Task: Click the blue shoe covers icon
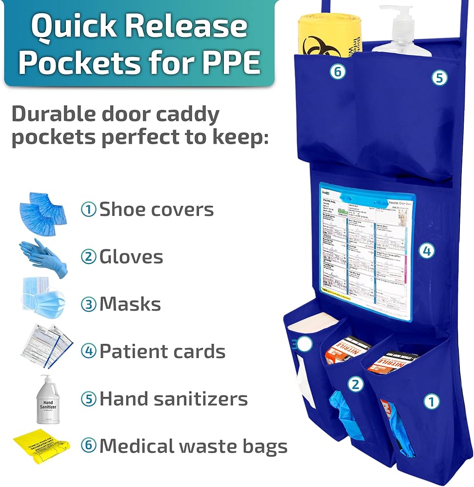click(x=43, y=208)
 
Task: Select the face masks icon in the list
click(x=43, y=302)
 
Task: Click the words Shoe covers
click(x=157, y=210)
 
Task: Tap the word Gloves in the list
click(x=131, y=257)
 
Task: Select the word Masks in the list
click(x=130, y=304)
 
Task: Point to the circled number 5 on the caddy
click(x=439, y=77)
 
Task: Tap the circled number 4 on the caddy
click(x=426, y=251)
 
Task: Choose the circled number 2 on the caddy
click(x=355, y=385)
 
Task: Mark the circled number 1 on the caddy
click(x=431, y=402)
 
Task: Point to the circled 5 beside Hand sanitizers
click(x=88, y=399)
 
